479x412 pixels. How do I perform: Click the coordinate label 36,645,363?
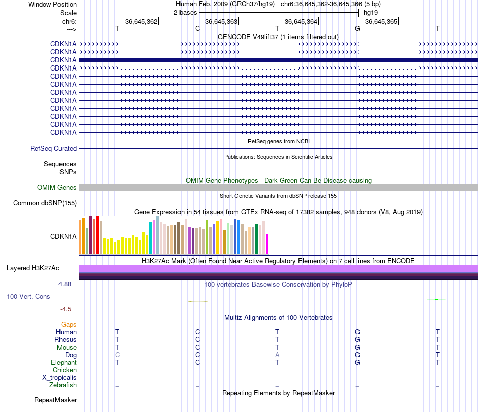tap(221, 21)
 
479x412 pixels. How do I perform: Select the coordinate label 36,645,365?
tap(381, 21)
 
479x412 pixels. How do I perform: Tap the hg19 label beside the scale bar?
tap(370, 12)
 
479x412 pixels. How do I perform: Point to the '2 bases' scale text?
tap(185, 12)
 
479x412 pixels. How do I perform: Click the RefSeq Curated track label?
tap(53, 149)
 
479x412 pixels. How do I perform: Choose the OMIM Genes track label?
tap(57, 188)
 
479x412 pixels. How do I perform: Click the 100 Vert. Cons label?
tap(28, 297)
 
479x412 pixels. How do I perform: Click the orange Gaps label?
tap(69, 325)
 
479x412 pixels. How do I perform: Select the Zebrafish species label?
tap(63, 385)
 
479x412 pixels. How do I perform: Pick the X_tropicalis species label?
tap(59, 378)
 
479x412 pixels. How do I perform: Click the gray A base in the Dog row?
tap(277, 355)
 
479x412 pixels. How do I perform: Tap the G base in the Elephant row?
tap(357, 363)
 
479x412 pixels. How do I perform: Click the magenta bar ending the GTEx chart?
tap(267, 244)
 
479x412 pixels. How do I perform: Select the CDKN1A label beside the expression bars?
tap(64, 236)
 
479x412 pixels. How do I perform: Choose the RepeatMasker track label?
tap(55, 400)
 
